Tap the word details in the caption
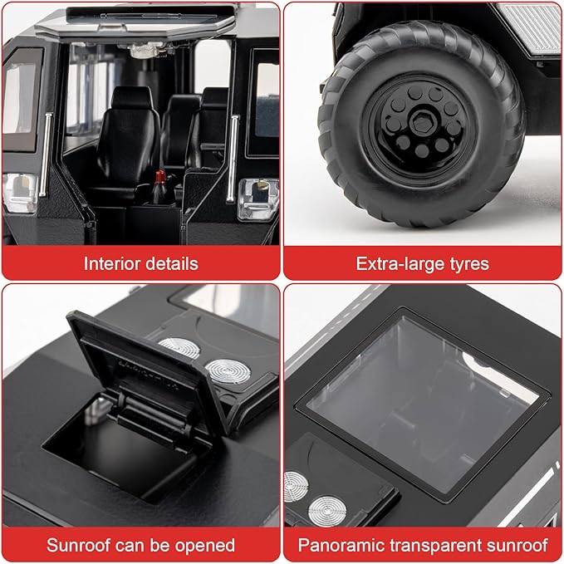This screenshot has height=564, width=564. pos(174,263)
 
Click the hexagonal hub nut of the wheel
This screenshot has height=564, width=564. pos(422,124)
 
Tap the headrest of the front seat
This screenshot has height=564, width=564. pos(131,97)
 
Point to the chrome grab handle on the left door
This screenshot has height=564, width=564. pos(46,154)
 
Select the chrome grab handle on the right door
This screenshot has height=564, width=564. pos(233,159)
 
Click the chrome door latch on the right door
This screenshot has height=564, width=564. pos(257,199)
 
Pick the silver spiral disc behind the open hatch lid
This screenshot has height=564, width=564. pos(227,371)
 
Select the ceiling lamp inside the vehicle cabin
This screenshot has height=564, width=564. pos(147,50)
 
